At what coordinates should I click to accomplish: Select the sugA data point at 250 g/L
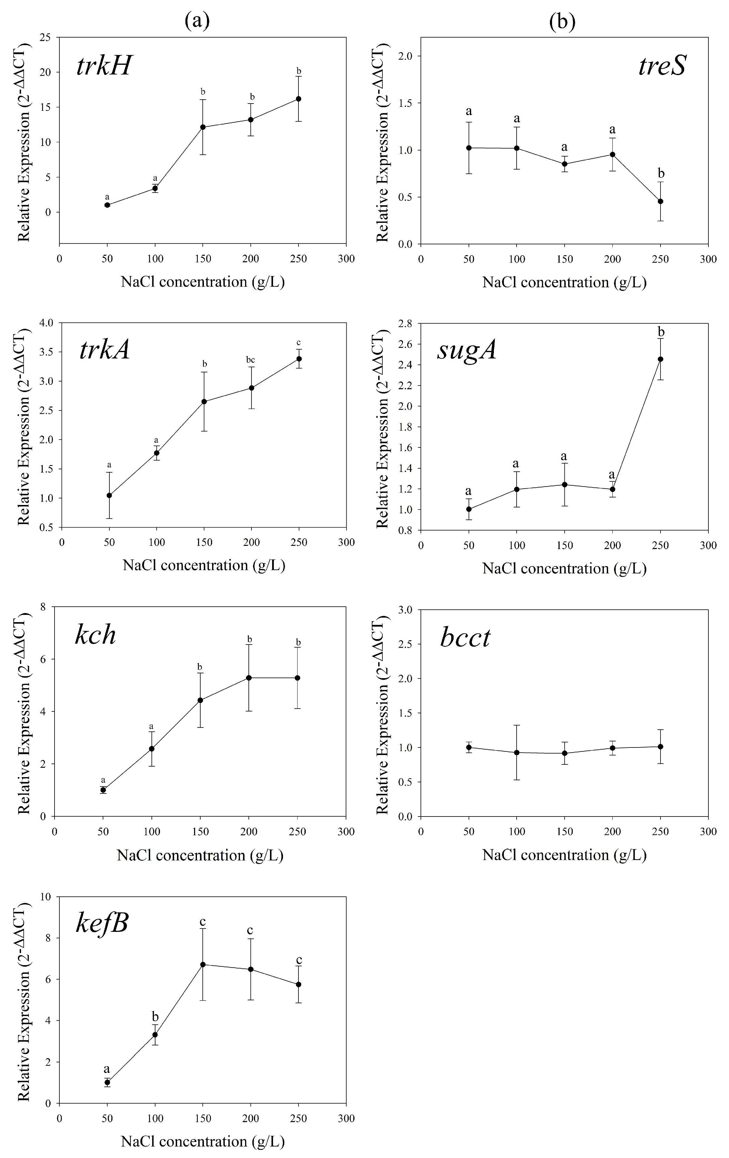(x=660, y=359)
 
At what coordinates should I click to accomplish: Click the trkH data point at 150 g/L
(x=203, y=127)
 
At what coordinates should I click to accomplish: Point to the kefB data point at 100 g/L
(x=155, y=1034)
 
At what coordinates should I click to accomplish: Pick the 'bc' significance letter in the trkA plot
(x=250, y=360)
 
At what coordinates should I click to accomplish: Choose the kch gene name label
(x=96, y=635)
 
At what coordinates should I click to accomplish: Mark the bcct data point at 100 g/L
(x=516, y=752)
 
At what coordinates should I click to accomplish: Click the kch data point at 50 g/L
(x=103, y=790)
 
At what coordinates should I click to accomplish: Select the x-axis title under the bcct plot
(x=564, y=855)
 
